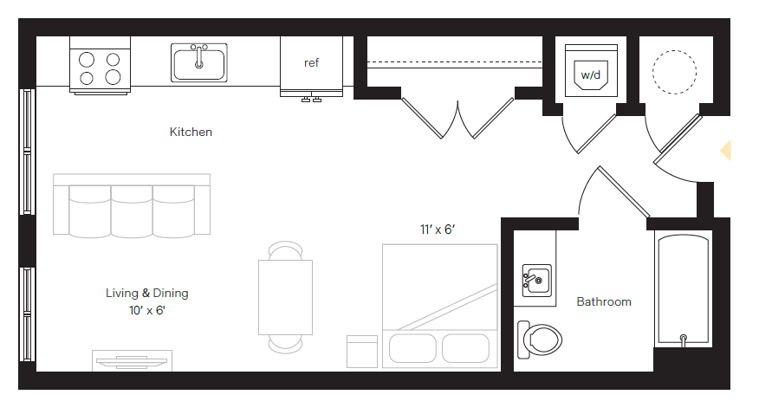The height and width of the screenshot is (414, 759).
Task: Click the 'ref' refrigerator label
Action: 311,63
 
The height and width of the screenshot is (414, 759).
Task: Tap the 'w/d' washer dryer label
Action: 591,75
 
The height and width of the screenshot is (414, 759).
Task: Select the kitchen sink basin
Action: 199,63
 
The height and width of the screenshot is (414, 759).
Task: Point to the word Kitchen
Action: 191,133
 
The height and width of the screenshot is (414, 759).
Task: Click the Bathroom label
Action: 604,301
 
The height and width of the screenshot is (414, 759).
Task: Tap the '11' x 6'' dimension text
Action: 438,230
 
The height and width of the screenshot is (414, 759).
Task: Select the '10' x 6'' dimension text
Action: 146,309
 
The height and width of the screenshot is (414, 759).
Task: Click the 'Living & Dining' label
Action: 146,293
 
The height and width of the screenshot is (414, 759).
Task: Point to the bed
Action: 440,303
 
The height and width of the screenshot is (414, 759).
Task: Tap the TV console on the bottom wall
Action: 132,360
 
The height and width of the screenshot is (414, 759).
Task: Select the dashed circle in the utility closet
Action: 674,71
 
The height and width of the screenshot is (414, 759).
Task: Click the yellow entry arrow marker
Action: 726,151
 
